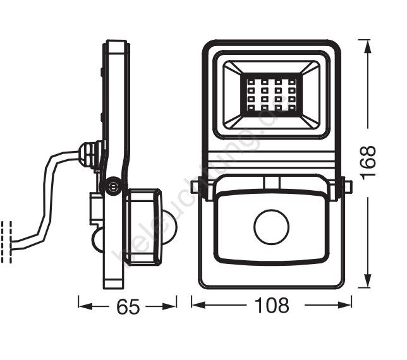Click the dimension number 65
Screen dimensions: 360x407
pyautogui.click(x=128, y=307)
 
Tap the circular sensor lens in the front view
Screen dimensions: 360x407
pyautogui.click(x=271, y=229)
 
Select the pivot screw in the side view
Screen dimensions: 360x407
pyautogui.click(x=112, y=187)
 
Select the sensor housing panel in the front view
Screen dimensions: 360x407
pyautogui.click(x=271, y=227)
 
